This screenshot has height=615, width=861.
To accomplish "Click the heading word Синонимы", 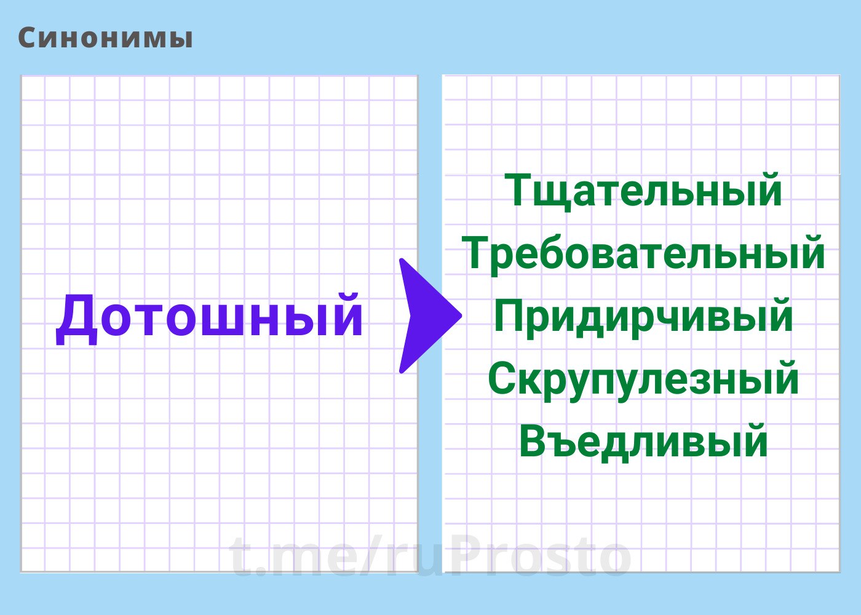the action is tap(105, 38).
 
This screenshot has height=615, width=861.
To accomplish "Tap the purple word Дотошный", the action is tap(210, 319).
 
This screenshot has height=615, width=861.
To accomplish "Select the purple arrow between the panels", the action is tap(430, 315).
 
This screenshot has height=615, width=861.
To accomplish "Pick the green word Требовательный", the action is tap(643, 253).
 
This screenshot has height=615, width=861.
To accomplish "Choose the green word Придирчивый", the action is tap(643, 317).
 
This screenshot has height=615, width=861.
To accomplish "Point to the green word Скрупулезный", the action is tap(643, 379).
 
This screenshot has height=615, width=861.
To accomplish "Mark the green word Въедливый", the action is tap(643, 442).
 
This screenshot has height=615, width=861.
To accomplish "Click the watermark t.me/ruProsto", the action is tap(430, 555).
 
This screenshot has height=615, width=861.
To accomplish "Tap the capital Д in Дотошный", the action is tap(76, 320).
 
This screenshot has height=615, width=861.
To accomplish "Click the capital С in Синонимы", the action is tap(28, 38).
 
